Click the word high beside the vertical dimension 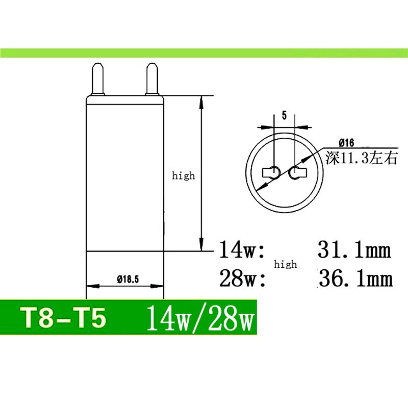(x=183, y=175)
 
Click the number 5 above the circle (x=284, y=115)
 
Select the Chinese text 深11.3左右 (x=361, y=159)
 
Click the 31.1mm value (x=354, y=250)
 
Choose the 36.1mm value (x=355, y=279)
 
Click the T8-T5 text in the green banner (x=64, y=318)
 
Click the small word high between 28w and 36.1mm (x=285, y=264)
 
